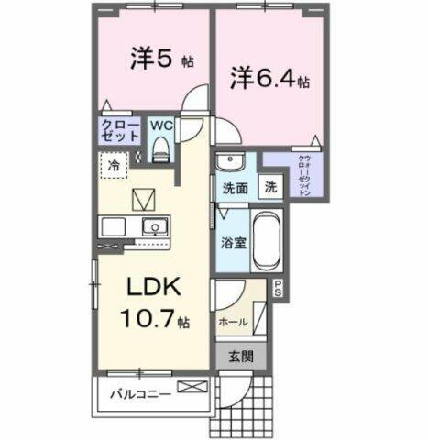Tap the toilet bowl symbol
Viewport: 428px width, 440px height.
coord(161,147)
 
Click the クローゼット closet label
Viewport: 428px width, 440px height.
coord(119,129)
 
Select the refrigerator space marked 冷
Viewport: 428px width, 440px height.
coord(115,167)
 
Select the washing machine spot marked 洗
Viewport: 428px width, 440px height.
coord(271,186)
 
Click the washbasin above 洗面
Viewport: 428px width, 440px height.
coord(230,162)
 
